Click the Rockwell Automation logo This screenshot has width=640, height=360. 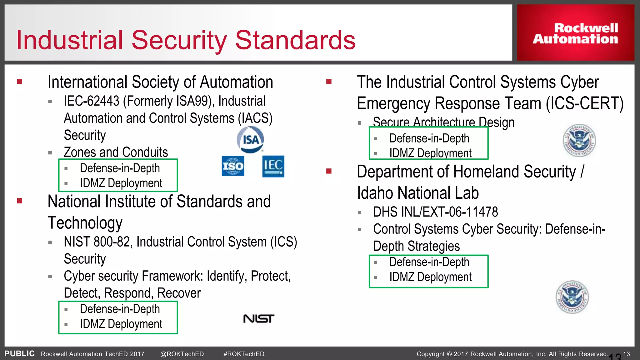575,33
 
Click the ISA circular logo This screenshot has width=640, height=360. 250,140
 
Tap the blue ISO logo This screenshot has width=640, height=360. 233,166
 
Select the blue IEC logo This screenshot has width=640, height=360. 273,166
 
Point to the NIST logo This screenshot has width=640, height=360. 258,319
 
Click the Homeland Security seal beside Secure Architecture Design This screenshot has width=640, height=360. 579,140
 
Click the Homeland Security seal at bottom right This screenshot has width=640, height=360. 572,297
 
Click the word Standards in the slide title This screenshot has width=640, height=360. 295,40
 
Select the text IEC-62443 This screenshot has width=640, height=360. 92,101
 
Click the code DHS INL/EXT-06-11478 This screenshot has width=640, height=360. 435,212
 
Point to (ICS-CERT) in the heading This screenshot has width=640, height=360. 584,103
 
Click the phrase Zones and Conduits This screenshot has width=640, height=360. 116,152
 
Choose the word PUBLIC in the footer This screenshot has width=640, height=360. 19,354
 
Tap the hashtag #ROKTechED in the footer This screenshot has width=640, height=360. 244,354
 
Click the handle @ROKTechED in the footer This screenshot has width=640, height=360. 182,354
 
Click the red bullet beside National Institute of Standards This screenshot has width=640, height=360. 20,201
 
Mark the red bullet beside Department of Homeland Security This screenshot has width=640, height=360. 329,171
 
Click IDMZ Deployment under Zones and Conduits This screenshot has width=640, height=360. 121,183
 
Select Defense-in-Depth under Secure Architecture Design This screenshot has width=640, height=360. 429,138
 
